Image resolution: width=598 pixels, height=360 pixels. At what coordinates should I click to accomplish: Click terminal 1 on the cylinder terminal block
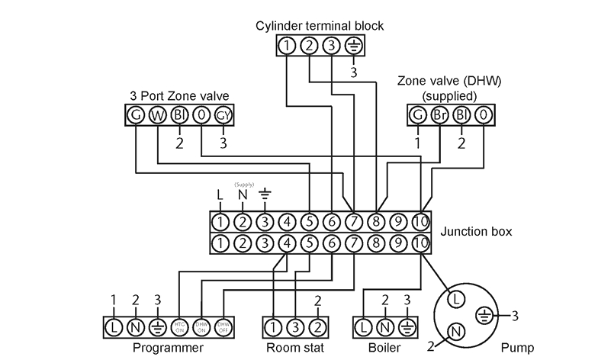(286, 46)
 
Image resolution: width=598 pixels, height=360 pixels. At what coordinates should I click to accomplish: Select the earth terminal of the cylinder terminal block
(353, 46)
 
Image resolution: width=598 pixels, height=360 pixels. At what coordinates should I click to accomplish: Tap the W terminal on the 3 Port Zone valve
(157, 115)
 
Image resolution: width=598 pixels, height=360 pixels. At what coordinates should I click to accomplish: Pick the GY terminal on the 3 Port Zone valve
(222, 115)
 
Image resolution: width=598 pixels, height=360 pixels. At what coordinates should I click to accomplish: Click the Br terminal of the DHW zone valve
(440, 115)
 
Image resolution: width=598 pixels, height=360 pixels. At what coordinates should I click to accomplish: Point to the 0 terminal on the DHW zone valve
(484, 115)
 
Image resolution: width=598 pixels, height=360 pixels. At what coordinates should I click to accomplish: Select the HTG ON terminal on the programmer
(179, 326)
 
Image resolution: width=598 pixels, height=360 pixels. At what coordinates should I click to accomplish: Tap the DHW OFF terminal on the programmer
(222, 326)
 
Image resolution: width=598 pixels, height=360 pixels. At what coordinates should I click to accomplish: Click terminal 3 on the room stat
(294, 326)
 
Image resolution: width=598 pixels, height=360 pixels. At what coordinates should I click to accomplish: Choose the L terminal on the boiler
(364, 326)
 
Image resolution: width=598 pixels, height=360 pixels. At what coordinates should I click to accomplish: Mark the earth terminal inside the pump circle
(482, 313)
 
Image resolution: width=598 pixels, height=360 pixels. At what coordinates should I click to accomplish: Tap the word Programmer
(168, 348)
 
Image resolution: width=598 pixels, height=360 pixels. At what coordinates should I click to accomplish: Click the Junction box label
(476, 231)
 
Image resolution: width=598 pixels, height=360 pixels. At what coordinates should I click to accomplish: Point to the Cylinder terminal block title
(320, 26)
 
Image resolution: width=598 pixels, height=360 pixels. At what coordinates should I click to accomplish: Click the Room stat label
(294, 348)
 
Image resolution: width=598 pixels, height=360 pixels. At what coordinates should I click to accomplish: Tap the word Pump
(519, 348)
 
